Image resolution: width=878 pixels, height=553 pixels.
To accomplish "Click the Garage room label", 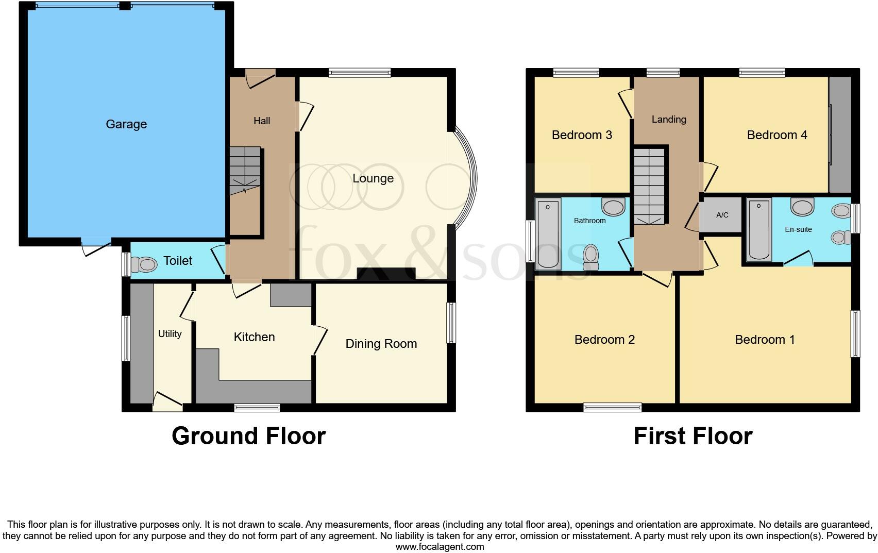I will (126, 124).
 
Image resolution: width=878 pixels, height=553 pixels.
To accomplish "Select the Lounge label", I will (373, 178).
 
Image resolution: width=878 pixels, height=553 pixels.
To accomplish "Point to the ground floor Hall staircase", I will (245, 170).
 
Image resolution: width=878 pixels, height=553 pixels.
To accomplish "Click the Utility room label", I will (170, 334).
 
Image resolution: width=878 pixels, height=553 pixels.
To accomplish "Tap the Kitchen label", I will (254, 337).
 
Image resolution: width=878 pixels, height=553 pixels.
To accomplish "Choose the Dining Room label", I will (381, 344).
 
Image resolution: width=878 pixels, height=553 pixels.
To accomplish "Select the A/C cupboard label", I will (722, 215).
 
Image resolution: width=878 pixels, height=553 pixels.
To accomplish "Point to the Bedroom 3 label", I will (582, 135).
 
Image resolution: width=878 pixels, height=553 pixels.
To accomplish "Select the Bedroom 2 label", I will (604, 340).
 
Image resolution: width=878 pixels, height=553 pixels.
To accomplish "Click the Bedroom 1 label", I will (765, 340).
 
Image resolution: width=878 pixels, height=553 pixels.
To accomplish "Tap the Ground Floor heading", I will (248, 436).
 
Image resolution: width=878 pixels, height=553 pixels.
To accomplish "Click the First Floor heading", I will (693, 436).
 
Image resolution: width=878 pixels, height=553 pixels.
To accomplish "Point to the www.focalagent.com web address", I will (440, 547).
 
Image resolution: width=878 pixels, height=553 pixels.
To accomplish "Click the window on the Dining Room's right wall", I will (451, 323).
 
